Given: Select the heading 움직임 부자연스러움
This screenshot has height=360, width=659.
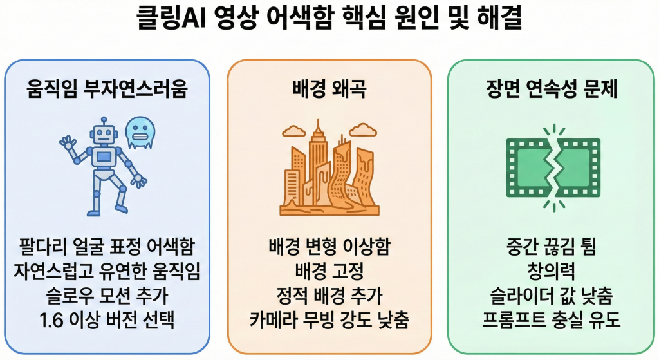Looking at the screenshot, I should [x=107, y=90].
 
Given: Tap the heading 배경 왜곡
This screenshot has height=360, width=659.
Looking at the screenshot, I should [x=329, y=90].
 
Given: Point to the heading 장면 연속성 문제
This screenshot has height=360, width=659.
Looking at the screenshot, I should [x=552, y=90].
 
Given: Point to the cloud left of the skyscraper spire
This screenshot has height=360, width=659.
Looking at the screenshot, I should [x=293, y=131].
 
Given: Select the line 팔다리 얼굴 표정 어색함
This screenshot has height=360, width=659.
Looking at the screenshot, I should [x=107, y=247].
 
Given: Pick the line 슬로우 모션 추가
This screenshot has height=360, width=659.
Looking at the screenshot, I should [x=107, y=296].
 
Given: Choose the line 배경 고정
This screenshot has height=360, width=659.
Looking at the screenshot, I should [x=329, y=271].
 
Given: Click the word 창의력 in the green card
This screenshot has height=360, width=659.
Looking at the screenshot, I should [x=552, y=271].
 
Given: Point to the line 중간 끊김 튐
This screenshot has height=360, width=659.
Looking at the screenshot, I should [x=552, y=247].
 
